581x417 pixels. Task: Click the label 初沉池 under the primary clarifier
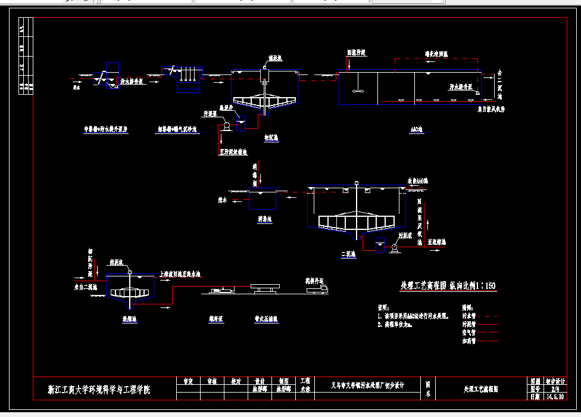(271, 137)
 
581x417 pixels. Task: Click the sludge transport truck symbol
(316, 289)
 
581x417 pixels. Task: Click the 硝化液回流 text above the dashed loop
(436, 53)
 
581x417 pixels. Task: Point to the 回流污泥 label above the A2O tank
(356, 53)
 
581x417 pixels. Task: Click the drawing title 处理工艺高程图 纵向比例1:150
(448, 287)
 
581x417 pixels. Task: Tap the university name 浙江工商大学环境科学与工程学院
(99, 390)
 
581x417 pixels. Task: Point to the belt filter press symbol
(265, 288)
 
